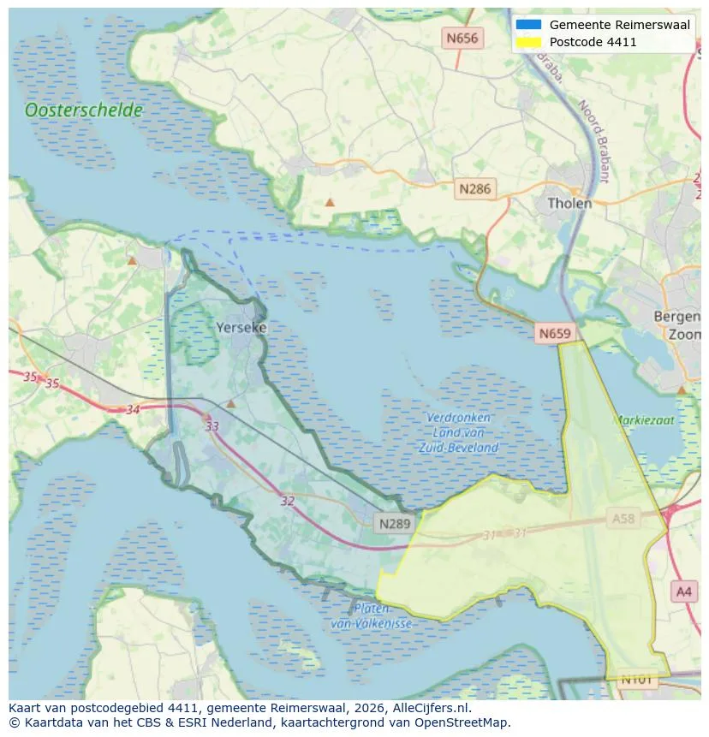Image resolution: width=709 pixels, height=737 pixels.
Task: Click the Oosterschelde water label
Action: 84,110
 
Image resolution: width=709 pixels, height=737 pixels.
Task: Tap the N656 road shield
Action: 462,38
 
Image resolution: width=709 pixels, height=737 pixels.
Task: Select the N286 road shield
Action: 474,189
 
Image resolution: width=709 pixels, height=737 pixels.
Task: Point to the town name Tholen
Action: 569,204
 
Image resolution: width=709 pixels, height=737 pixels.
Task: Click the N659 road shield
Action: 554,333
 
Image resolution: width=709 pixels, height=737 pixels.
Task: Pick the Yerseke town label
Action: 241,328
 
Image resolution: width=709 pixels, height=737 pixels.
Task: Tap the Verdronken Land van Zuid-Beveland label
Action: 459,432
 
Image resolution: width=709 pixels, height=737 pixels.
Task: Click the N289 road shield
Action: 395,522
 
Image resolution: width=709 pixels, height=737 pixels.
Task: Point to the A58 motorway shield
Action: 623,519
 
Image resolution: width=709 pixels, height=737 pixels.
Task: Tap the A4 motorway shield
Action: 683,591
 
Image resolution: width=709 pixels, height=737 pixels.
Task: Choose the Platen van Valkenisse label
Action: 371,616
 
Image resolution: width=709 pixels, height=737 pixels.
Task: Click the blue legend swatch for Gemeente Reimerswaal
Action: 528,25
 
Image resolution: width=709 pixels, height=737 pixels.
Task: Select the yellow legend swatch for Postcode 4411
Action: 528,42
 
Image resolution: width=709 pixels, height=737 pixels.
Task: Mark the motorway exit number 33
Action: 212,426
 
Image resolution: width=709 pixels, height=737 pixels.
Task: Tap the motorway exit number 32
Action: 288,501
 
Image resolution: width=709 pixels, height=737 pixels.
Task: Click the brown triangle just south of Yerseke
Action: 230,403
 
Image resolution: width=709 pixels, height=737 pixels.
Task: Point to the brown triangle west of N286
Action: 330,203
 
